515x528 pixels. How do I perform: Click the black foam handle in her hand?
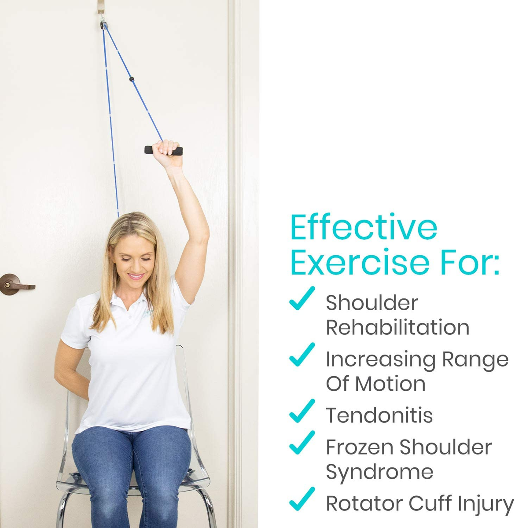(x=163, y=150)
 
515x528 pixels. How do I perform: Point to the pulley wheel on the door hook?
(x=104, y=26)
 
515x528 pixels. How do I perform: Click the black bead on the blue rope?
(x=131, y=80)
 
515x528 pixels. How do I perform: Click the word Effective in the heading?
(x=364, y=227)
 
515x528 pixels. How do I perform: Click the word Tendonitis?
(x=379, y=415)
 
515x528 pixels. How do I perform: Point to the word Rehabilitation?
(x=397, y=327)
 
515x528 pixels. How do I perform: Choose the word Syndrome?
(x=379, y=472)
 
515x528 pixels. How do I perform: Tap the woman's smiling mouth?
(x=136, y=277)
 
